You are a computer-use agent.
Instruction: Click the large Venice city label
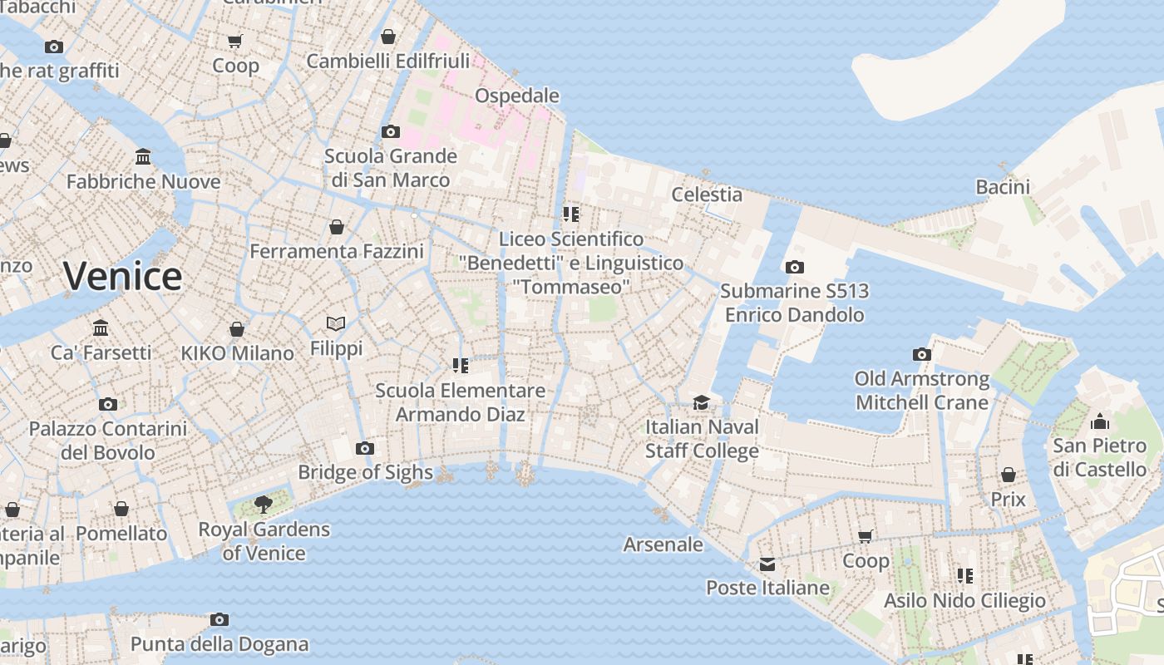[122, 276]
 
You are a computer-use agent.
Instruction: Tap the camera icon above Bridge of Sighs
[364, 449]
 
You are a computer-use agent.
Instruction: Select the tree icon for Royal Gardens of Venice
[264, 504]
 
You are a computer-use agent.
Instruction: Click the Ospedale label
[516, 96]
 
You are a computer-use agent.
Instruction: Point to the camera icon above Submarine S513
[795, 267]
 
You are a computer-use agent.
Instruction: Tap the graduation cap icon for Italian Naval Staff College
[702, 402]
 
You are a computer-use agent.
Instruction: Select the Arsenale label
[663, 544]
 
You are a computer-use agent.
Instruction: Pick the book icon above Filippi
[336, 323]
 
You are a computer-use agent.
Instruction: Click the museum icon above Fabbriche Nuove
[143, 157]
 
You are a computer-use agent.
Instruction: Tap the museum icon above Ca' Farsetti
[101, 328]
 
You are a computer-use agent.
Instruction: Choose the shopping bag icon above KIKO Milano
[237, 329]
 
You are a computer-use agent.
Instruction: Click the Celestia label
[707, 195]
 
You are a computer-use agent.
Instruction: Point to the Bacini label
[1003, 187]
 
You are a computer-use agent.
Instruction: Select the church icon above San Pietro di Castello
[1100, 421]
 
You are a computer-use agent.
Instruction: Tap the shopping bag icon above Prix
[1008, 475]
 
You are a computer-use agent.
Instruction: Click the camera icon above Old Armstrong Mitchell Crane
[921, 355]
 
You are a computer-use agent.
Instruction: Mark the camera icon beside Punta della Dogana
[219, 619]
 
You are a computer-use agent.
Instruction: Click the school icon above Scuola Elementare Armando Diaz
[460, 366]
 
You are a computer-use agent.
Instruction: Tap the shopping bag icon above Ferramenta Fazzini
[337, 227]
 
